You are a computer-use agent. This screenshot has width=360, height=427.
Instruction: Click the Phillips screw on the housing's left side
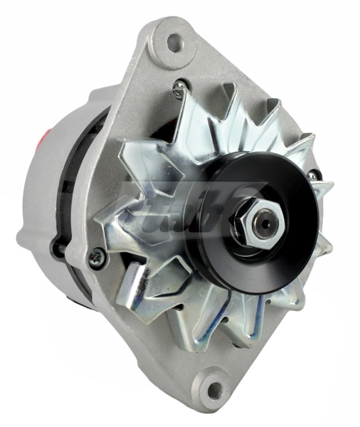pos(94,258)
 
